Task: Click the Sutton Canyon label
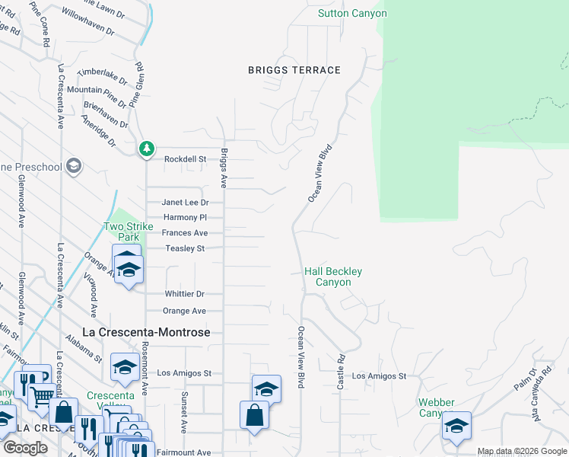click(x=352, y=14)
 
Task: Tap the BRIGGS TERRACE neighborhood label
click(x=294, y=70)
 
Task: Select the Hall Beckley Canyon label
click(x=333, y=276)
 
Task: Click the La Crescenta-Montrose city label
click(x=146, y=333)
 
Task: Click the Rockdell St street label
click(x=186, y=159)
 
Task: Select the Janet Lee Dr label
click(x=185, y=203)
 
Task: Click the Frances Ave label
click(x=185, y=233)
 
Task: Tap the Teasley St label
click(x=185, y=248)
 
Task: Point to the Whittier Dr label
click(x=185, y=294)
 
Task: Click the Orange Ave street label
click(x=185, y=311)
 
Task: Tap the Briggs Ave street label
click(x=224, y=168)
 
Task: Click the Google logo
click(x=25, y=448)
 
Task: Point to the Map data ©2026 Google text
click(x=522, y=452)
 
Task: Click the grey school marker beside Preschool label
click(x=74, y=166)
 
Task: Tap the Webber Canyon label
click(x=437, y=407)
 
